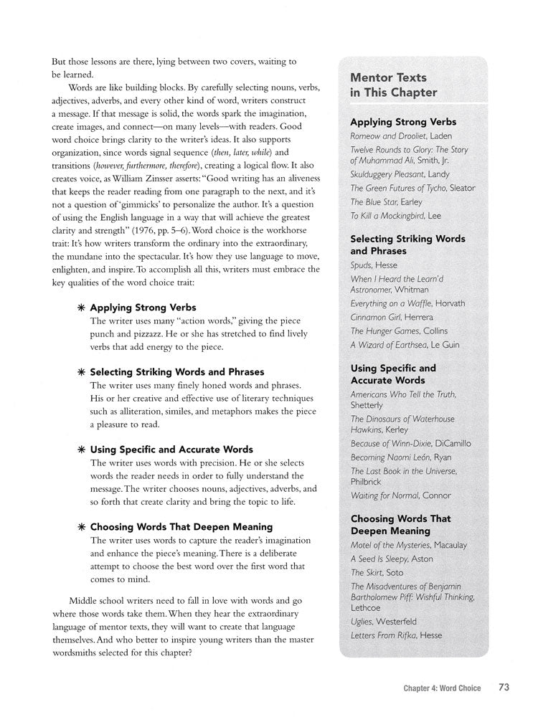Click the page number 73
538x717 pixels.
504,688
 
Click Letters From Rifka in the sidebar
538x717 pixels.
387,635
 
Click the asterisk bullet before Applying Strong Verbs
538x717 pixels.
81,308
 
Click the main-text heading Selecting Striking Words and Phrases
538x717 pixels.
177,372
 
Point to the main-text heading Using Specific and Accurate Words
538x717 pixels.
171,450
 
